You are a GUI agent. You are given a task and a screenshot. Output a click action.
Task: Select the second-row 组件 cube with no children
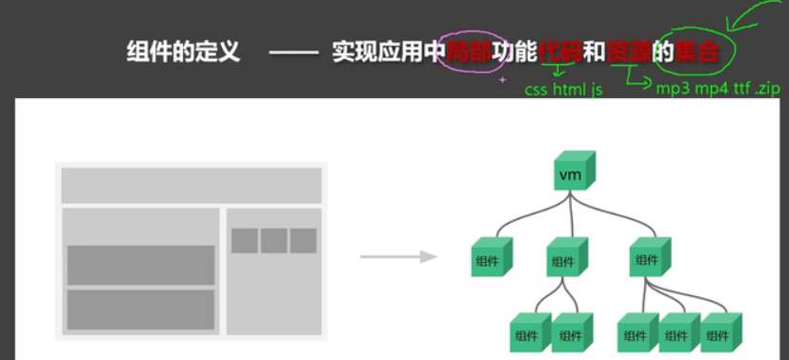[489, 258]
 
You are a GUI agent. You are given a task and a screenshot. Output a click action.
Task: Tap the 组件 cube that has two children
[565, 258]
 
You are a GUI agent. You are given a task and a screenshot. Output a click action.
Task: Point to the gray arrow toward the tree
[397, 256]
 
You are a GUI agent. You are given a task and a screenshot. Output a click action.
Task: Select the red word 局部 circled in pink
[468, 51]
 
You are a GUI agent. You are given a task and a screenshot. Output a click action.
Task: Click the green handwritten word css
[536, 90]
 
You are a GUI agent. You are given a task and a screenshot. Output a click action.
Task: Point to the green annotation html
[569, 90]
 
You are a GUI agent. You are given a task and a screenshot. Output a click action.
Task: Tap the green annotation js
[597, 90]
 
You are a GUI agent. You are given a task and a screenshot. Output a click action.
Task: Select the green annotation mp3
[674, 89]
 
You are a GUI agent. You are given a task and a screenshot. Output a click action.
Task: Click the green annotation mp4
[711, 89]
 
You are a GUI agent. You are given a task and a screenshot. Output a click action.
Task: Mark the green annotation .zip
[767, 89]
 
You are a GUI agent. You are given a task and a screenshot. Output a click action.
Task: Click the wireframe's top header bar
[191, 185]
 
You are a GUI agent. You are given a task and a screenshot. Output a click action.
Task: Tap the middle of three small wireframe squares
[274, 241]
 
